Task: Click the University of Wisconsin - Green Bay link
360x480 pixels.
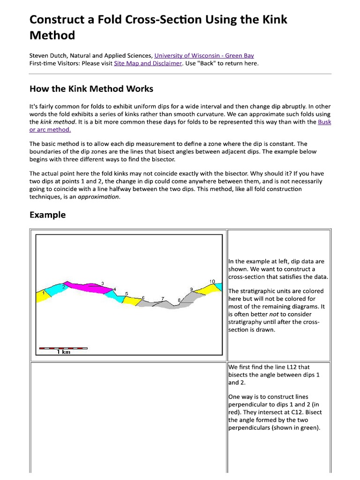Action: click(204, 56)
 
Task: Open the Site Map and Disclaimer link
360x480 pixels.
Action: click(148, 63)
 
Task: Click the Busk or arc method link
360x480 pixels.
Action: click(323, 122)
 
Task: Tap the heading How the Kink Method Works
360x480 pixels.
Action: click(91, 89)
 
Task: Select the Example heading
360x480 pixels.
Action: click(47, 215)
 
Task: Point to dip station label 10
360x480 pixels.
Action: click(212, 281)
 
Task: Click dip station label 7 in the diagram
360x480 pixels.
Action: click(163, 298)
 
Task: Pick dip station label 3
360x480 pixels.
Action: click(102, 283)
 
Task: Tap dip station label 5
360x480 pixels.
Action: click(126, 293)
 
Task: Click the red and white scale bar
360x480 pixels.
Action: click(63, 348)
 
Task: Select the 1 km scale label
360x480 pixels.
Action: click(63, 352)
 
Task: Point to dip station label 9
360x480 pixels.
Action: click(191, 289)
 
